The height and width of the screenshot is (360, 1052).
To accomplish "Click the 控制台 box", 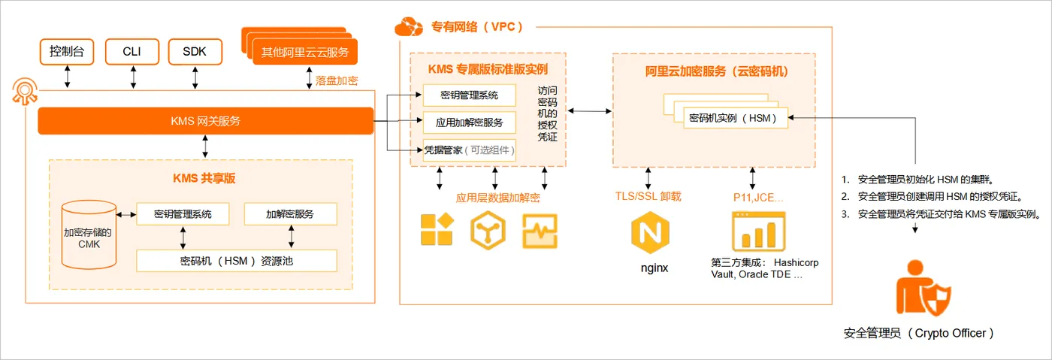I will click(67, 52).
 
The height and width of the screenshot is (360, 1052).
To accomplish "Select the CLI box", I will click(132, 52).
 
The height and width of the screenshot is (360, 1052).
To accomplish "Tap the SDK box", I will click(195, 52).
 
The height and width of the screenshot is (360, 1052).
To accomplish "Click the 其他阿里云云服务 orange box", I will click(305, 53).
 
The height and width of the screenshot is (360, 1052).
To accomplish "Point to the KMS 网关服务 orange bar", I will click(205, 121).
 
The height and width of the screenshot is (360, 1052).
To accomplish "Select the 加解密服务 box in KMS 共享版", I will click(290, 214).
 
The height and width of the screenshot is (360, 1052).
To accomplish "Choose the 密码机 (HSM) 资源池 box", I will click(236, 261).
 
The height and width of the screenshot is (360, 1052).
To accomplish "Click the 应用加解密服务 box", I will click(469, 123).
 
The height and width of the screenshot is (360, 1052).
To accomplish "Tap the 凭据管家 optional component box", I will click(469, 150).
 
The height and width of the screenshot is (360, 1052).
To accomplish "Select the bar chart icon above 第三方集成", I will click(758, 231).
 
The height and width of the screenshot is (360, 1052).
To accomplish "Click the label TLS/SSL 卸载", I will click(648, 197).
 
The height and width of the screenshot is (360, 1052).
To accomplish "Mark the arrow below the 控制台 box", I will click(68, 77).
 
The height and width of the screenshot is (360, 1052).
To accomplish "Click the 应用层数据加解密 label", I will click(497, 198).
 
